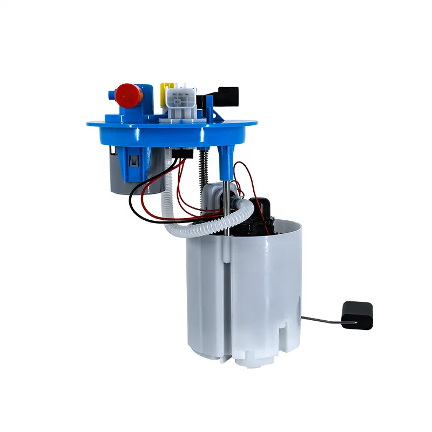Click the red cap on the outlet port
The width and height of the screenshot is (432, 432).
point(129,94)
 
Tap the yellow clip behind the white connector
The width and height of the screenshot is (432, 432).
point(167,88)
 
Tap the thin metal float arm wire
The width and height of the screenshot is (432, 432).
point(321,320)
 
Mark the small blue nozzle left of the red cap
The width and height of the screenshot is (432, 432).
point(112,95)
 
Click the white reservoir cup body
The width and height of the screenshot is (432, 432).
point(243,292)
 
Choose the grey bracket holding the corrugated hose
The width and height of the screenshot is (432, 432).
point(216,192)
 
